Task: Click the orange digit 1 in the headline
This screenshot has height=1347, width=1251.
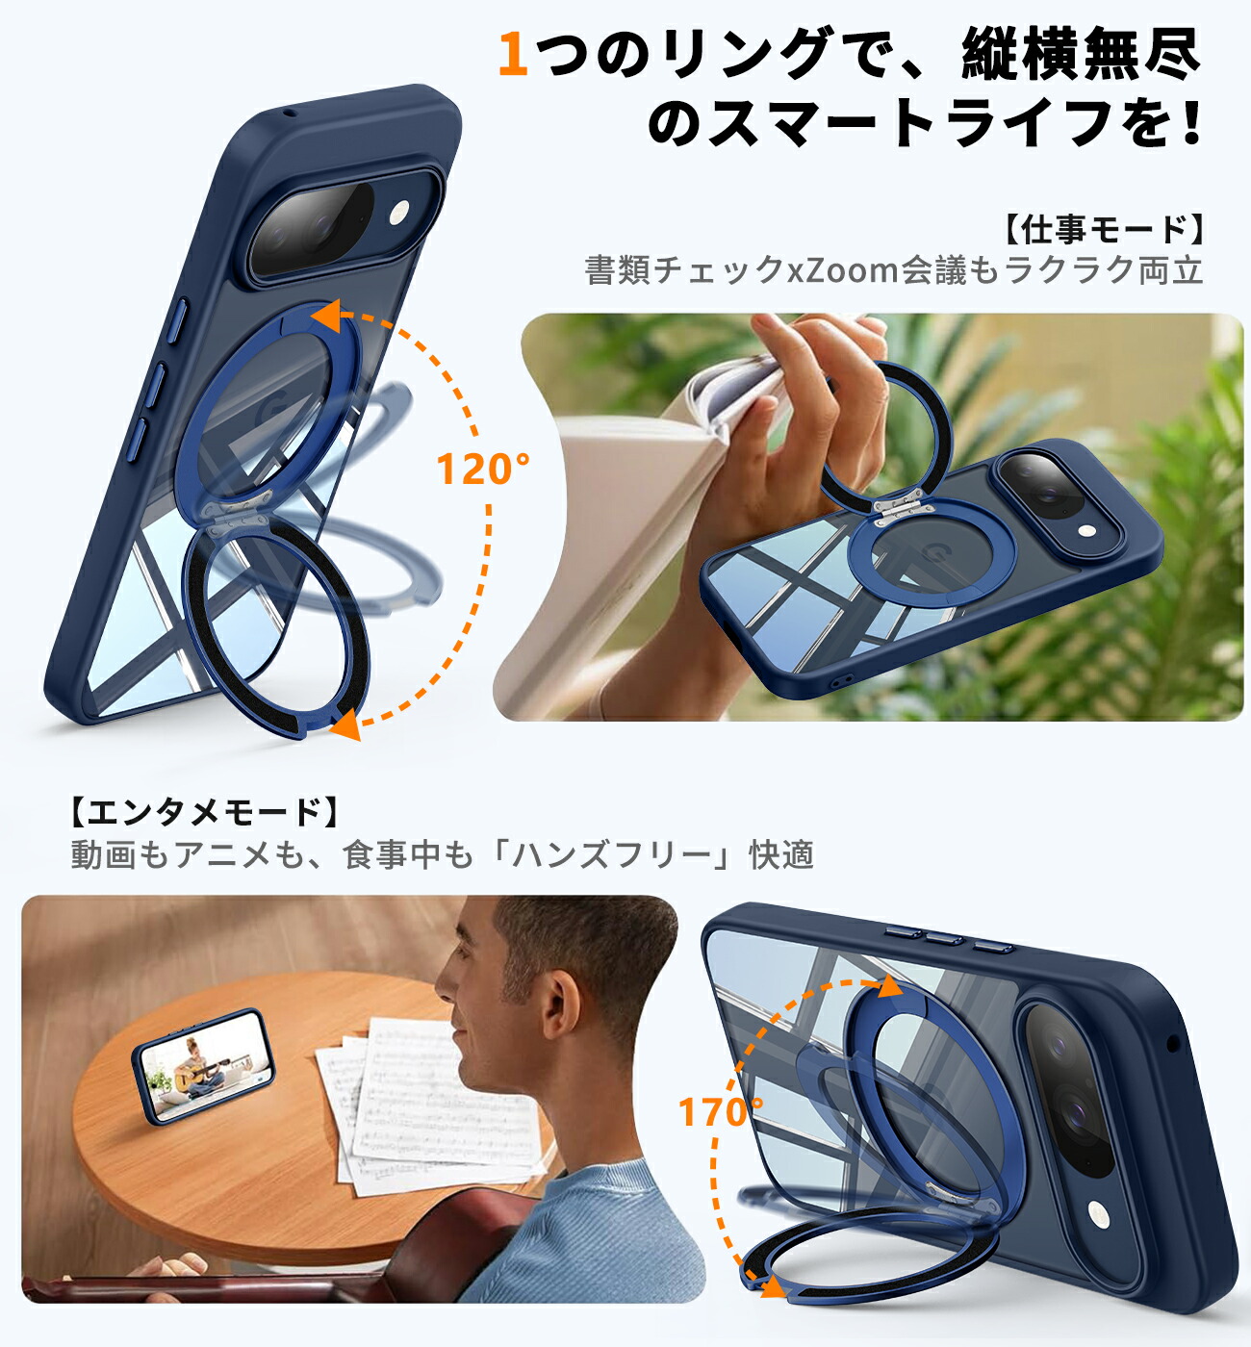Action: pos(513,54)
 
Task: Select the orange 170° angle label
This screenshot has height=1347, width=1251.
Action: pos(721,1111)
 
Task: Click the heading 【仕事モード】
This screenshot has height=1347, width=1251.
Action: pos(1103,230)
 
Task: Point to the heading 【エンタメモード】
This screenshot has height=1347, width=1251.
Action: pos(204,812)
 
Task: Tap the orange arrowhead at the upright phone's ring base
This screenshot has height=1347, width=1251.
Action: pos(347,724)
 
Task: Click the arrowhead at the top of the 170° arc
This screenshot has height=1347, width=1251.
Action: pos(891,984)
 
